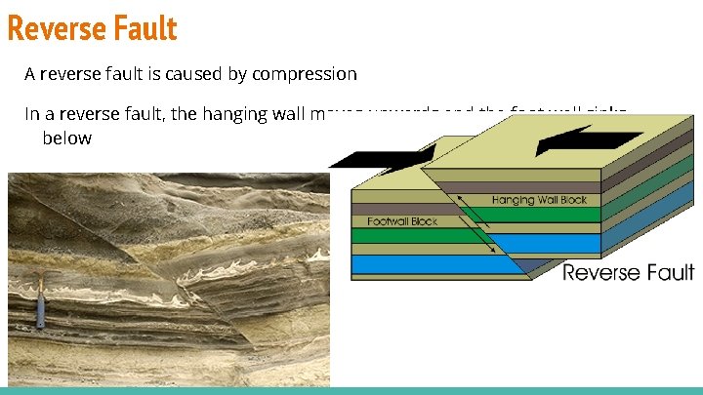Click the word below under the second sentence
pyautogui.click(x=66, y=138)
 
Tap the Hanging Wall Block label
pyautogui.click(x=540, y=200)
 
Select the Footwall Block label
pyautogui.click(x=403, y=221)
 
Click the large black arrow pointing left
pyautogui.click(x=576, y=139)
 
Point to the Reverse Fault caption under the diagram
pyautogui.click(x=628, y=272)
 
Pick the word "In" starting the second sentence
pyautogui.click(x=32, y=113)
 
